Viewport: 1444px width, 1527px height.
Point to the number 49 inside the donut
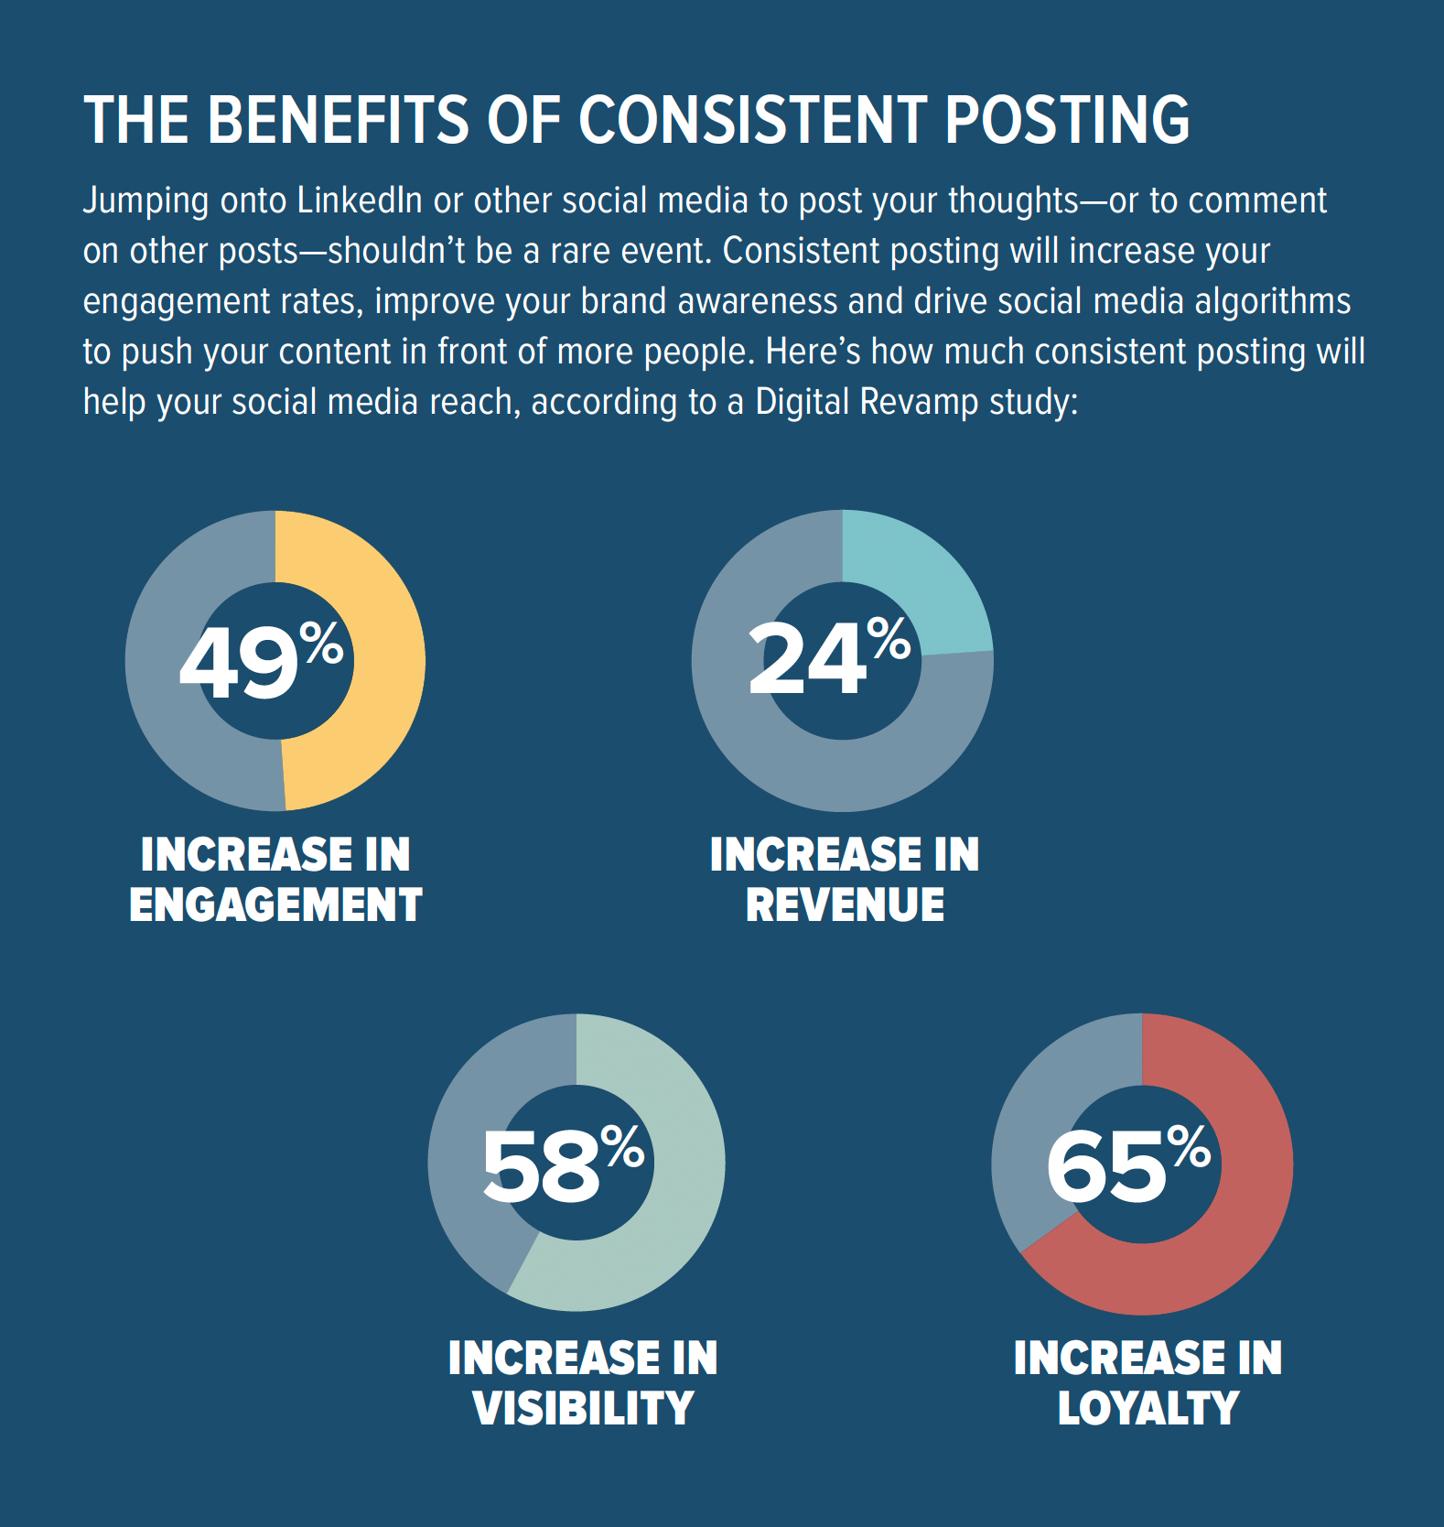tap(238, 663)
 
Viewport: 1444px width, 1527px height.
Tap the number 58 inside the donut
tap(540, 1166)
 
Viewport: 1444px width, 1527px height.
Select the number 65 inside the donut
tap(1105, 1167)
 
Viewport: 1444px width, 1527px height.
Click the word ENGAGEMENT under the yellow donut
tap(275, 905)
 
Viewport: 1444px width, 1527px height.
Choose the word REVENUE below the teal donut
tap(845, 905)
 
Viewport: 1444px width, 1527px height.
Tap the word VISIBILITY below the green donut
tap(583, 1409)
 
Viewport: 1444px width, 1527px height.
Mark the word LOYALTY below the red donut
tap(1148, 1409)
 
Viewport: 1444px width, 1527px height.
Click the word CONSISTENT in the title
tap(752, 121)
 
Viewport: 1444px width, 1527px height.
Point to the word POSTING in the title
tap(1067, 121)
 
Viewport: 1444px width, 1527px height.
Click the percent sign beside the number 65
tap(1189, 1146)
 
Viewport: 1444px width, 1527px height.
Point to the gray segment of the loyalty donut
tap(1029, 1163)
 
